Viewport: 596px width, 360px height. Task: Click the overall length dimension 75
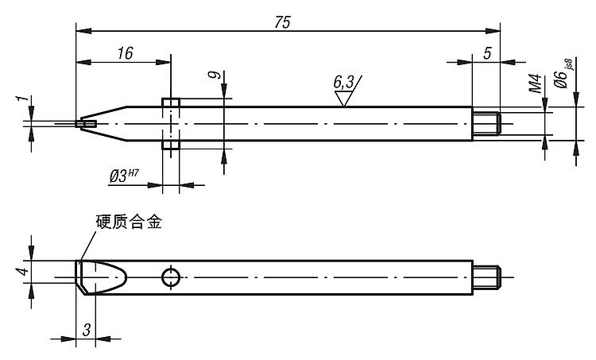point(282,22)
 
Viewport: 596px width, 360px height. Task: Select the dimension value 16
point(124,53)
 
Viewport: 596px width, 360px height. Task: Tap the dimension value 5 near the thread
point(486,53)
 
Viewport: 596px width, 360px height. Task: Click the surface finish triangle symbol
point(344,98)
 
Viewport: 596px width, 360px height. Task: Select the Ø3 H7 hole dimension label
point(128,175)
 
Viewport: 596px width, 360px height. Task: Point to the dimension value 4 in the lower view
point(23,272)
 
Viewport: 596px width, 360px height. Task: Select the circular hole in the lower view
point(170,277)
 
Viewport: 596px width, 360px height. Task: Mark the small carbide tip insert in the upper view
point(87,123)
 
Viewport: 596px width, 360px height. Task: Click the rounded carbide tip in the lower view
point(102,277)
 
